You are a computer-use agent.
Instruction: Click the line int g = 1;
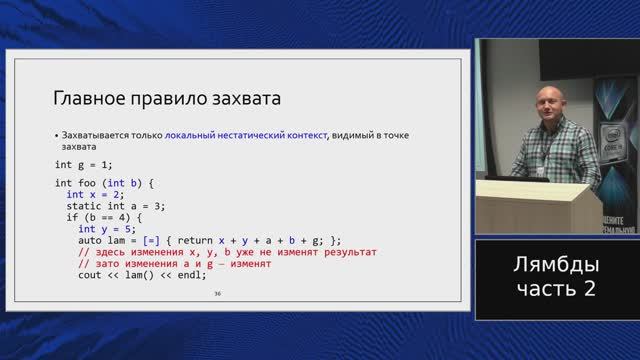coord(85,163)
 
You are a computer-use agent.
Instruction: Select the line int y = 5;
coord(112,229)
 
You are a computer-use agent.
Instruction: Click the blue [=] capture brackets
coord(147,241)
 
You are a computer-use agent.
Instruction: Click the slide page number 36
coord(217,296)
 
